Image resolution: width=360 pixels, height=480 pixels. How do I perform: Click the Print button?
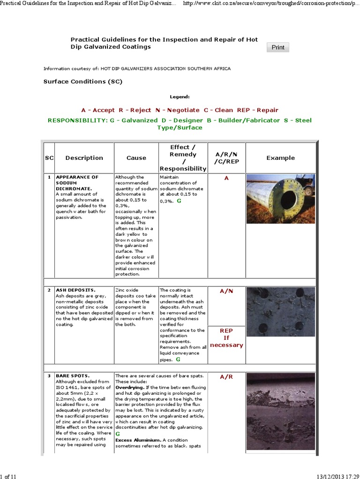pos(278,47)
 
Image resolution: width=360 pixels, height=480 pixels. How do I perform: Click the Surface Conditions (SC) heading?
pos(82,82)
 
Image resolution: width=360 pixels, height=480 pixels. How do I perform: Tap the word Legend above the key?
pos(180,97)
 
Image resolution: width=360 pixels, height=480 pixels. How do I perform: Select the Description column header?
pos(84,158)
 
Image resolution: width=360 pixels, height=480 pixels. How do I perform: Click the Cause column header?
pos(136,158)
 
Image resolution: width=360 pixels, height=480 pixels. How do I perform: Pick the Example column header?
pos(281,158)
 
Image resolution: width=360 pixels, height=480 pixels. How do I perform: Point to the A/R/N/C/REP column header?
pos(227,158)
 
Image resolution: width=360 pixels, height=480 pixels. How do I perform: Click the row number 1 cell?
pos(49,177)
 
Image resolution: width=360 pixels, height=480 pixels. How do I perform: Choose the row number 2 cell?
pos(49,291)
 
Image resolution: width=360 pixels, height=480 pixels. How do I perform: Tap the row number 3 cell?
pos(49,376)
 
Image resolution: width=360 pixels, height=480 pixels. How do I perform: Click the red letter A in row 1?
pos(226,179)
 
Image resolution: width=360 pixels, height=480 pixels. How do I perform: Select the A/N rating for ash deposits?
pos(226,291)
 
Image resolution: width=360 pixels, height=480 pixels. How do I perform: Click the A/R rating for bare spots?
pos(226,376)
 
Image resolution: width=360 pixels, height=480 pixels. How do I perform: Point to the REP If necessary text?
pos(226,337)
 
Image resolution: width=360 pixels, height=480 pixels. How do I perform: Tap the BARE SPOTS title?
pos(73,376)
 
